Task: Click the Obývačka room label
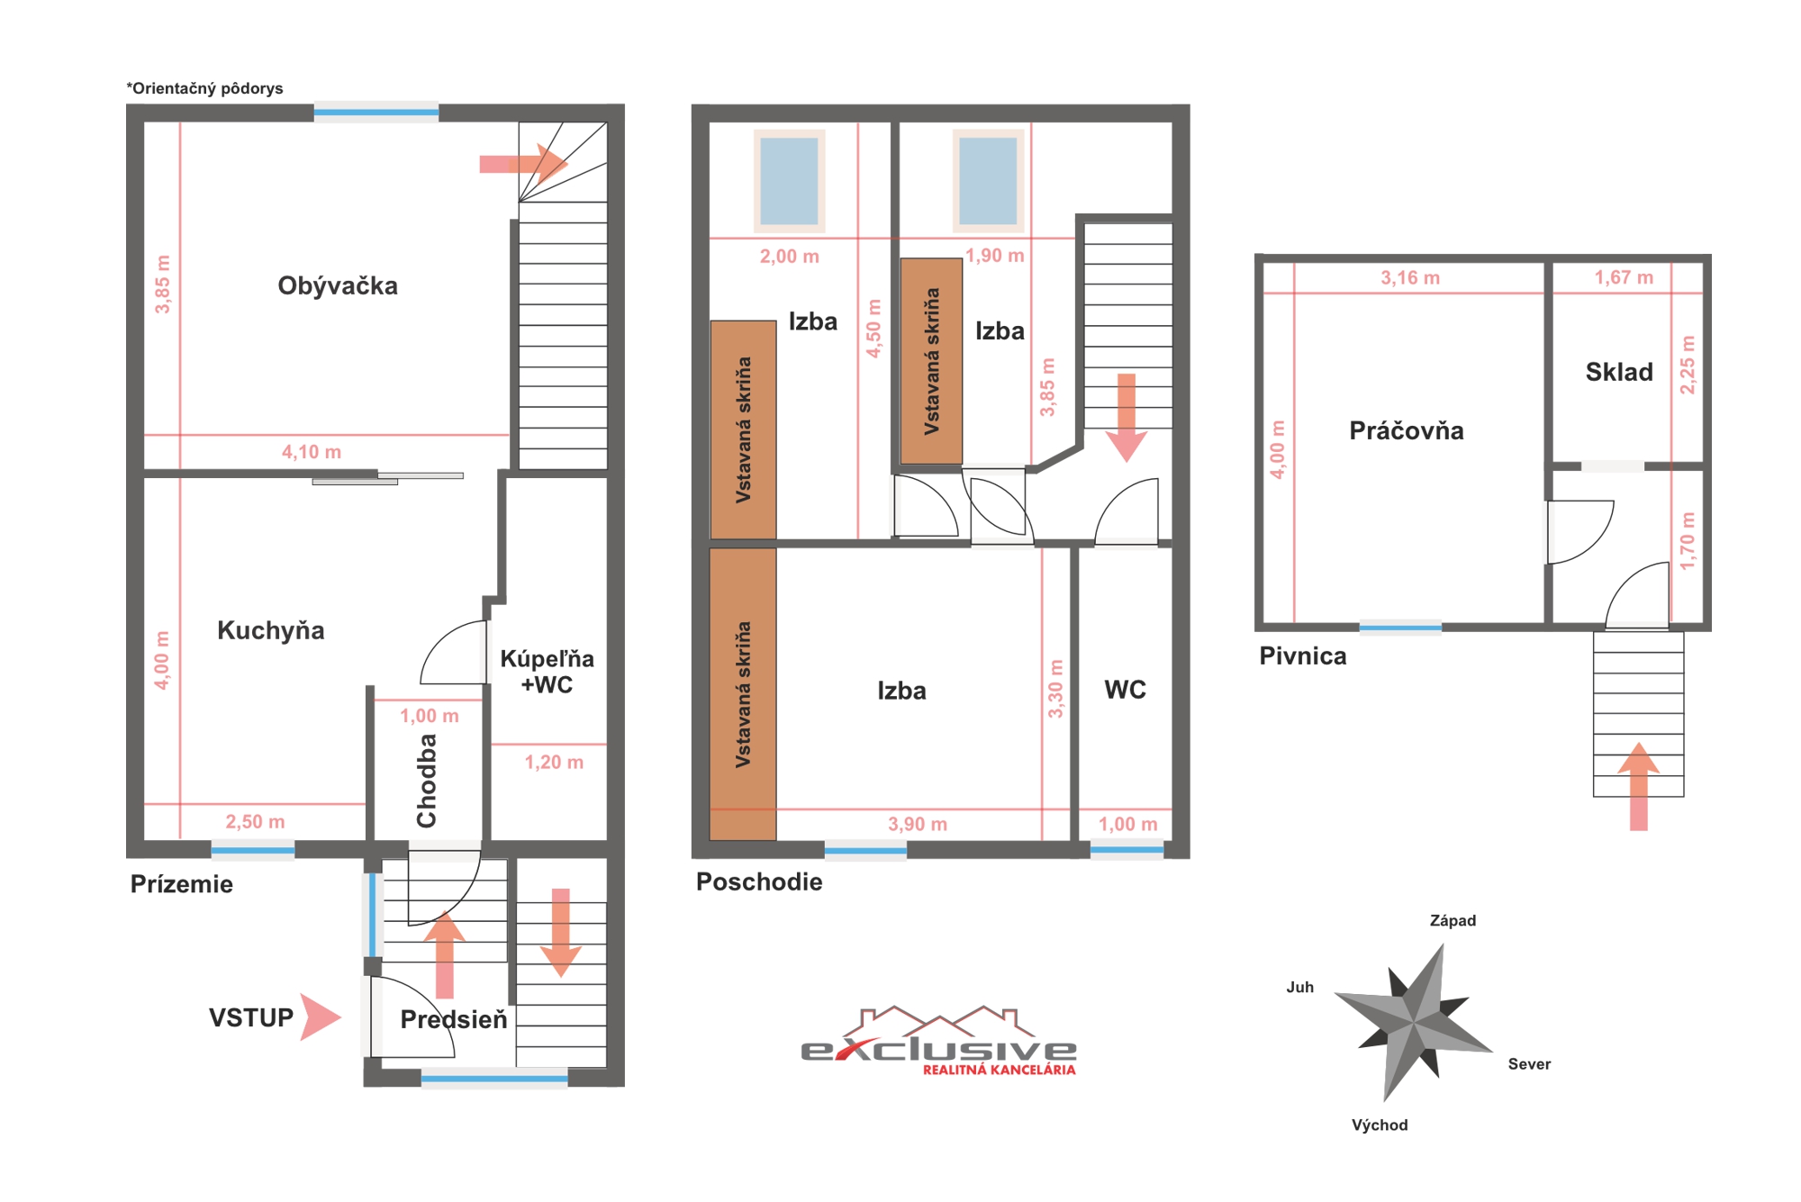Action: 338,286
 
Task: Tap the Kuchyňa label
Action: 271,630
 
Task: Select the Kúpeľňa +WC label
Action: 548,672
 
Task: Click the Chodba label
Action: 426,781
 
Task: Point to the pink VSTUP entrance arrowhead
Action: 320,1017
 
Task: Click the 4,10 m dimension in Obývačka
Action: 312,452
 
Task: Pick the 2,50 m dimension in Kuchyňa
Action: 255,822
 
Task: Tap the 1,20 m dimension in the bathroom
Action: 554,763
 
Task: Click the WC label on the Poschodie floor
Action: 1126,690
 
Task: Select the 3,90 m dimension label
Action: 918,824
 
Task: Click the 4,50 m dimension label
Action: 873,329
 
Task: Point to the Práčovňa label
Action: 1407,430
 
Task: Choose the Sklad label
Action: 1619,372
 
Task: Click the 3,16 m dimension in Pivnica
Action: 1410,278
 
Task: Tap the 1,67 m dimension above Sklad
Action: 1624,277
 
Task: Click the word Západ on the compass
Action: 1453,920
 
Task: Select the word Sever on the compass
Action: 1529,1064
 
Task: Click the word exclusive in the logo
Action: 938,1049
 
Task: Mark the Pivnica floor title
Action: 1303,655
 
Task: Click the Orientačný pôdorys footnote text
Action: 204,88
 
